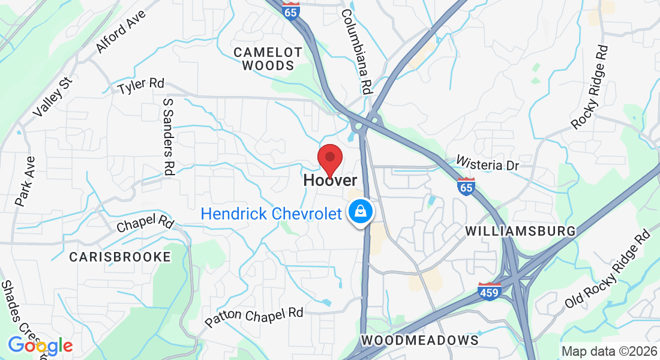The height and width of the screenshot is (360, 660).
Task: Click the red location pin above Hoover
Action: click(x=329, y=158)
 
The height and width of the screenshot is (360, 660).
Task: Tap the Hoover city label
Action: click(x=330, y=180)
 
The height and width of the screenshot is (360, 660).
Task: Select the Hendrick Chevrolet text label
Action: click(x=271, y=214)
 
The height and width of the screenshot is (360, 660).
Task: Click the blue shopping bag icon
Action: click(x=361, y=212)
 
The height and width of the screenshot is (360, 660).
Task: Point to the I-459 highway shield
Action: click(x=490, y=292)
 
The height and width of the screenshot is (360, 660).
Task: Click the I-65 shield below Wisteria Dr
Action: click(x=466, y=187)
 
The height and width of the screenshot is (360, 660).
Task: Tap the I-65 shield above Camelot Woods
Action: click(x=291, y=11)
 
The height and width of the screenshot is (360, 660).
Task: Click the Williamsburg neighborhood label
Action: click(x=520, y=231)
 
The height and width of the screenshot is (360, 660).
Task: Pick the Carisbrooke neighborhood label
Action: click(x=120, y=257)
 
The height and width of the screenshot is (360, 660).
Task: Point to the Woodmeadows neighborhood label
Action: click(x=420, y=340)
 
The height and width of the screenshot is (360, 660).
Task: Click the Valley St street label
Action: click(x=53, y=97)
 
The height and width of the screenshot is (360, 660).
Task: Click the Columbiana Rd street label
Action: click(x=357, y=50)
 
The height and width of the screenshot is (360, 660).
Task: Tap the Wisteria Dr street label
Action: click(x=496, y=163)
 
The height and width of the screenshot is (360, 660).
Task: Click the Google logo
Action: click(x=40, y=346)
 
